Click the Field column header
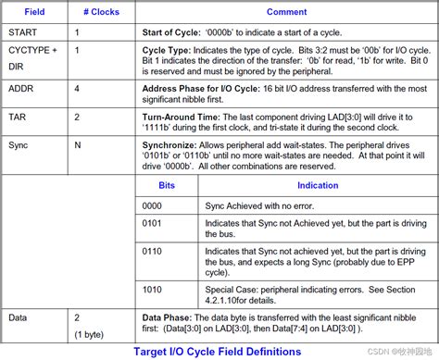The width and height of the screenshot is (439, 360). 34,12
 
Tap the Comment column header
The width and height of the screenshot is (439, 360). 286,12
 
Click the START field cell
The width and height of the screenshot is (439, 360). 22,31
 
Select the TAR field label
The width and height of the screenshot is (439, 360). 18,118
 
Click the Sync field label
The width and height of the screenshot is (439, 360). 19,145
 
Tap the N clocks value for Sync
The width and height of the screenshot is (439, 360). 78,145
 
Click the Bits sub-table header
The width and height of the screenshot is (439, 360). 166,186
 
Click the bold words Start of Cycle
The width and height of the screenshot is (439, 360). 174,31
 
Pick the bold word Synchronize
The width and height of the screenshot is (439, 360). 170,145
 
